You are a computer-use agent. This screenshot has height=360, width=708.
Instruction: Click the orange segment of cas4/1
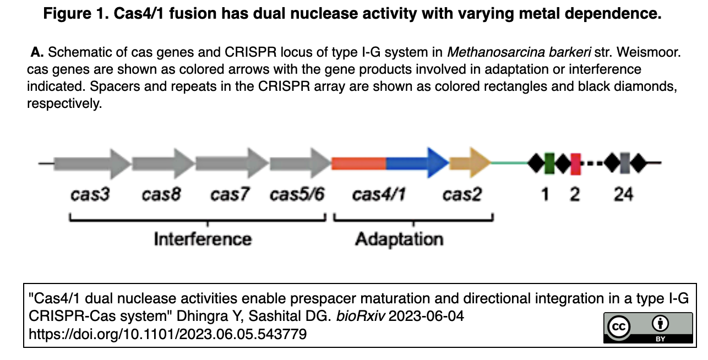pyautogui.click(x=358, y=163)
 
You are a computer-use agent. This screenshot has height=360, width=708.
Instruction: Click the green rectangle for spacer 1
pyautogui.click(x=549, y=163)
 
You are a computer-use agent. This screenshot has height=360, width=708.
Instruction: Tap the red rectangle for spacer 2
pyautogui.click(x=575, y=163)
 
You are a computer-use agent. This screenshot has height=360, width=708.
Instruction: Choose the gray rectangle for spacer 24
pyautogui.click(x=624, y=163)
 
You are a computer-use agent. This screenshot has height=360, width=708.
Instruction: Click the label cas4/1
pyautogui.click(x=379, y=195)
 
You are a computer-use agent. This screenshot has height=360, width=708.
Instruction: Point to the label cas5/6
pyautogui.click(x=297, y=195)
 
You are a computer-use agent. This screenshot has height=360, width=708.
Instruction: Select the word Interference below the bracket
pyautogui.click(x=203, y=239)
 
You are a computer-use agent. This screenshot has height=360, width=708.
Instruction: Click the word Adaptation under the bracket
pyautogui.click(x=399, y=239)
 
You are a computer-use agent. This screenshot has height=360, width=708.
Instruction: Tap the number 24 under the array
pyautogui.click(x=623, y=195)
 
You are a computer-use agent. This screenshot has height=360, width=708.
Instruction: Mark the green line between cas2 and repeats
pyautogui.click(x=509, y=163)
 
